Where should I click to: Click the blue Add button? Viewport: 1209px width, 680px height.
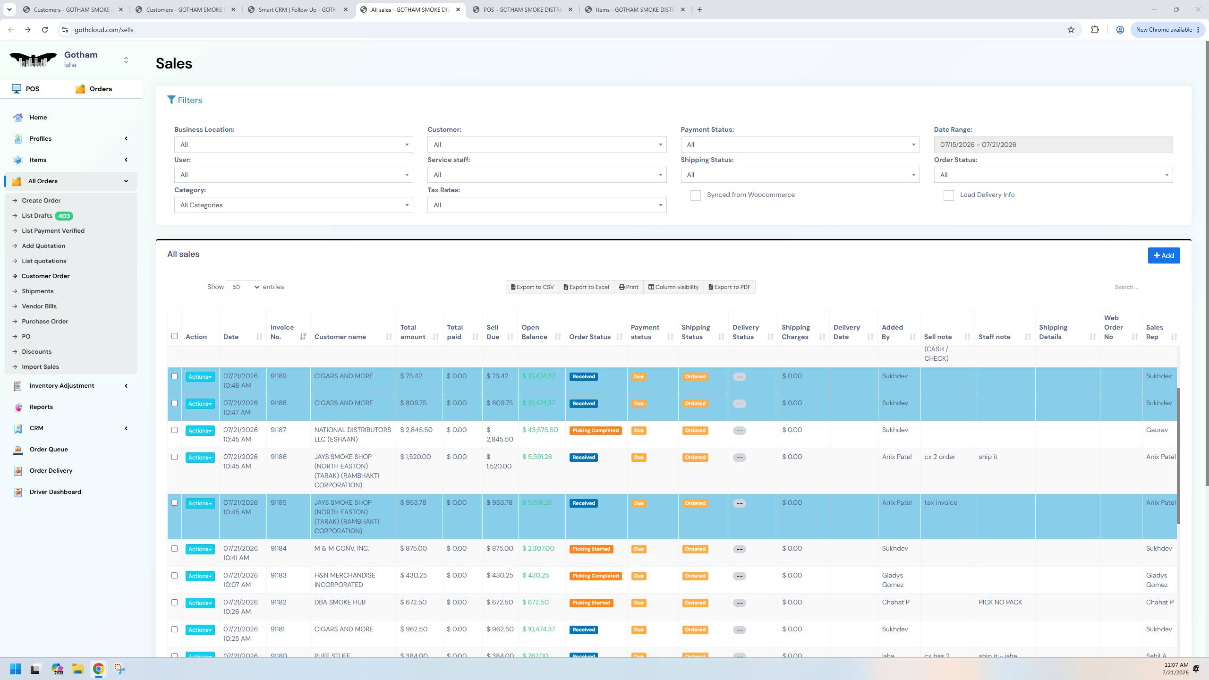1164,255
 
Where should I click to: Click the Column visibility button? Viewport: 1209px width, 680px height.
673,287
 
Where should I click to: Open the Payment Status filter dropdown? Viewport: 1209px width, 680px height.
800,144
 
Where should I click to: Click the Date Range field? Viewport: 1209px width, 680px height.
1053,144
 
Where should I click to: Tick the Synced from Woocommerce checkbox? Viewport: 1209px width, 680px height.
695,195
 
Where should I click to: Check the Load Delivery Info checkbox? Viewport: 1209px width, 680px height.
948,195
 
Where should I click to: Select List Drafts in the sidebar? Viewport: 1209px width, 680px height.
37,216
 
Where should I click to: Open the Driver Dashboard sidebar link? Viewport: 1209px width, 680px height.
55,492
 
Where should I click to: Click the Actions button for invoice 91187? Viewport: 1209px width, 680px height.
200,431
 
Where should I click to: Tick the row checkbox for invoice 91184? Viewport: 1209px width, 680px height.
174,549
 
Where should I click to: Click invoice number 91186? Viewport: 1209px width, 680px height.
279,457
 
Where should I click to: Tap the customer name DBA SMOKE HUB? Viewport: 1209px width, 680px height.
340,602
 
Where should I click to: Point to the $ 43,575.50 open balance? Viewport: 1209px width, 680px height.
540,430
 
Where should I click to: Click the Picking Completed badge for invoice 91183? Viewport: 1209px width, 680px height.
595,576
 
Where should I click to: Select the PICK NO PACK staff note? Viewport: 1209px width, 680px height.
1000,602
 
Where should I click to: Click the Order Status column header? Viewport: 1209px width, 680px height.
590,337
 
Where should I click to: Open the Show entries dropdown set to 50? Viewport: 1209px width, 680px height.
243,287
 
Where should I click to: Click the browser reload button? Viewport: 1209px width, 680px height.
45,30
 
